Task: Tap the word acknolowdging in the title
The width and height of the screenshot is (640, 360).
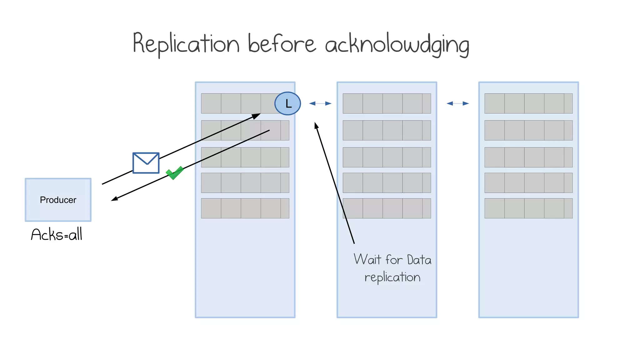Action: pos(397,45)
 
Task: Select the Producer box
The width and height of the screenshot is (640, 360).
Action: pos(58,200)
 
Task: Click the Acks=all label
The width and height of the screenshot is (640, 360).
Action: pos(57,235)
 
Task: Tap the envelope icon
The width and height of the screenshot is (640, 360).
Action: pos(146,163)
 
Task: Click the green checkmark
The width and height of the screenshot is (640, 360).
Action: pos(174,173)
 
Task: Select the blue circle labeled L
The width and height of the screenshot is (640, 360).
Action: pos(287,103)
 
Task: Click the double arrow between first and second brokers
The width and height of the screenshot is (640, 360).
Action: pos(320,103)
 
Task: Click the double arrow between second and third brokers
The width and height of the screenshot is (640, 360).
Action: pos(458,103)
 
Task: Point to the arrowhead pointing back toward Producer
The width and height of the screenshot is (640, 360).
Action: pos(114,199)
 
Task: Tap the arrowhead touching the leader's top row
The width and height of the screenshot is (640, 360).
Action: pos(257,116)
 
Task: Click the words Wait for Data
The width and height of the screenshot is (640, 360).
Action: pos(392,260)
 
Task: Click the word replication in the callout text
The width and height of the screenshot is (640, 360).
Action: pos(392,277)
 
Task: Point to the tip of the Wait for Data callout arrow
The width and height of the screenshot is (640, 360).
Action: pos(316,125)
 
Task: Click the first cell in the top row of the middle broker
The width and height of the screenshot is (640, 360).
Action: pos(353,103)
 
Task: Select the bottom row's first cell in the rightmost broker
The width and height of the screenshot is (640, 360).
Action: pos(494,208)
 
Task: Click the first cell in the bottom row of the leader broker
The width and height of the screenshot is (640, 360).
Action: pos(211,208)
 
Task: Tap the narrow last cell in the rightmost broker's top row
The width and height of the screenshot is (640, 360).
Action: pos(568,103)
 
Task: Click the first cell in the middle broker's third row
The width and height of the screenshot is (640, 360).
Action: pos(353,157)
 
